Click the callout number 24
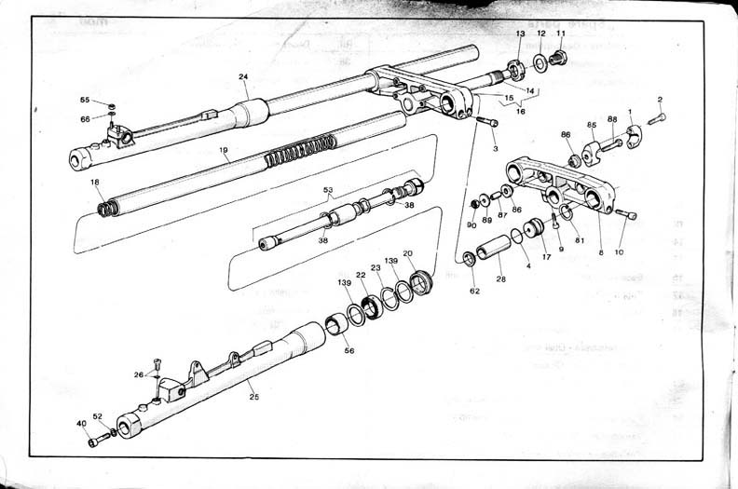(243, 77)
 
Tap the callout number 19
(224, 149)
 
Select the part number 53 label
(327, 190)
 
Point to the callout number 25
(253, 397)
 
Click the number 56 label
(349, 350)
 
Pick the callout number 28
(501, 278)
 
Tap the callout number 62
(474, 292)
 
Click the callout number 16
(520, 111)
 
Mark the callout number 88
(612, 118)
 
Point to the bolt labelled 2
(656, 119)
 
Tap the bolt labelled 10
(626, 215)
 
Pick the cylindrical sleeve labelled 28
(494, 250)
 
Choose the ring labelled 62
(468, 258)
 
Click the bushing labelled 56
(336, 326)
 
